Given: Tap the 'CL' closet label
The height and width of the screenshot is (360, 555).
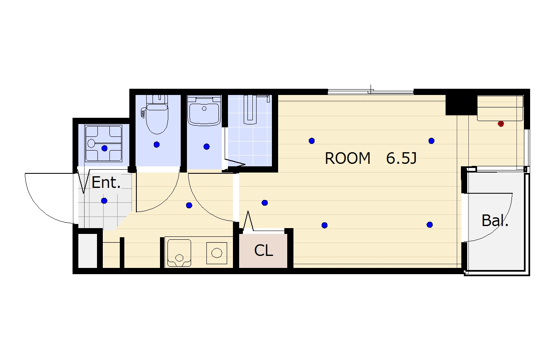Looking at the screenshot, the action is click(263, 251).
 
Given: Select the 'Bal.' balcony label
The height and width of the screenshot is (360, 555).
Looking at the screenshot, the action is click(495, 220).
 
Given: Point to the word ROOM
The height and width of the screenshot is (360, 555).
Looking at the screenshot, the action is click(347, 158).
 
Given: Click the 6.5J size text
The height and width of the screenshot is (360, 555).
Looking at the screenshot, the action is click(401, 158).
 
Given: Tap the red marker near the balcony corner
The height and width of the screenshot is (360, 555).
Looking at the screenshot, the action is click(501, 124).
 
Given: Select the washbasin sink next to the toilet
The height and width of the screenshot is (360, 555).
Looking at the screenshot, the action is click(204, 111).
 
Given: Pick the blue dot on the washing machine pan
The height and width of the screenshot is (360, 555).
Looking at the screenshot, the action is click(104, 148).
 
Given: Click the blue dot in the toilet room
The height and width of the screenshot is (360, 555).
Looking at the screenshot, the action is click(157, 145).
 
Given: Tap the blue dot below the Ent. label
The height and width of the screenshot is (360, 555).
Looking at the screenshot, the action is click(104, 201).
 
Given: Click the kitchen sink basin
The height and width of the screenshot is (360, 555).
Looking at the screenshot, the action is click(179, 253).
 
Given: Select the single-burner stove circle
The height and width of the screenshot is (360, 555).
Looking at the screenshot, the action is click(217, 253).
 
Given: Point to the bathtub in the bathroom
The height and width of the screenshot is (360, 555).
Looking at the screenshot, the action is click(250, 109).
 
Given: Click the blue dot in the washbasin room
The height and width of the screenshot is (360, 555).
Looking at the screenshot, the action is click(206, 146).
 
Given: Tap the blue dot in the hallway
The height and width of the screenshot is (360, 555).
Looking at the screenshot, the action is click(189, 205).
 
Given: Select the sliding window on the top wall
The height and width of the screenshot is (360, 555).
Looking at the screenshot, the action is click(371, 92).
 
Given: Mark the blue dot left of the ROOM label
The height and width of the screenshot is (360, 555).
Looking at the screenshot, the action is click(312, 141).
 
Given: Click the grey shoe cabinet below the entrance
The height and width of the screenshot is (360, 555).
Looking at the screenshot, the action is click(88, 251).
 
